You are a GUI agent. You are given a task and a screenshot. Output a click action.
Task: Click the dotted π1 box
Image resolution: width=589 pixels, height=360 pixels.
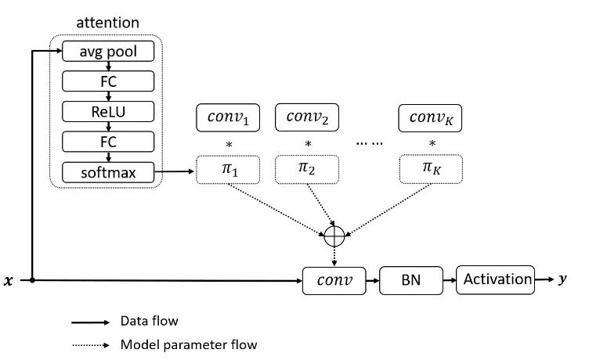click(227, 170)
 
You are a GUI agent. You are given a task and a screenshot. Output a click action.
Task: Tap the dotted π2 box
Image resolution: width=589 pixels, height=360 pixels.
click(307, 170)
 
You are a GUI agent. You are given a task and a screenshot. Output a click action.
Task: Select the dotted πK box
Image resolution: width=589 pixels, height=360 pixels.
click(431, 170)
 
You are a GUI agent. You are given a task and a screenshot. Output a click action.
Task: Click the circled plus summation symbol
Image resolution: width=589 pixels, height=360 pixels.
click(334, 232)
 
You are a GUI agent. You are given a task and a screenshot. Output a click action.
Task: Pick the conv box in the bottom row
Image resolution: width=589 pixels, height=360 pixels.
click(334, 279)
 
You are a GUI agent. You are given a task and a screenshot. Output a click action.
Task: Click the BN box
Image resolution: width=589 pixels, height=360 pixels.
click(410, 279)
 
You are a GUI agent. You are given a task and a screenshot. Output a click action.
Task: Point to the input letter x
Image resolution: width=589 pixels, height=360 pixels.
click(9, 280)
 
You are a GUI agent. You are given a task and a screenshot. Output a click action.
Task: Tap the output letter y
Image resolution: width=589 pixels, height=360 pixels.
click(562, 279)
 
